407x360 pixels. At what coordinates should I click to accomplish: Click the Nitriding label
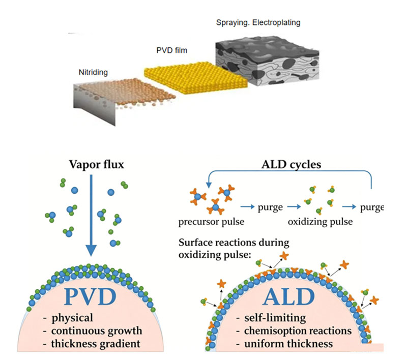tap(93, 72)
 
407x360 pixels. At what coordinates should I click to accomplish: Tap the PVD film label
tap(171, 50)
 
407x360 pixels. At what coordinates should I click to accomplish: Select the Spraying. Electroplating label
tap(258, 22)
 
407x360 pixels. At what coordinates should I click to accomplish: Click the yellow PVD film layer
tap(196, 78)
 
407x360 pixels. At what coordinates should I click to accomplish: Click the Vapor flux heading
tap(97, 164)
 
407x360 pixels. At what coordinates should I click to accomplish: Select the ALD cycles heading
tap(291, 164)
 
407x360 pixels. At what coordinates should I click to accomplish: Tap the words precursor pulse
tap(211, 222)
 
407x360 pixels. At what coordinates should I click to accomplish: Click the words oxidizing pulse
tap(321, 222)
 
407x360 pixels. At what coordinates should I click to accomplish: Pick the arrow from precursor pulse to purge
tap(247, 207)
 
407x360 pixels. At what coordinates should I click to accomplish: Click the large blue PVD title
tap(90, 296)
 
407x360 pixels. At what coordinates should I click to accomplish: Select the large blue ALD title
tap(288, 296)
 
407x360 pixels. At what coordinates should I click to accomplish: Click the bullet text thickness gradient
tap(96, 344)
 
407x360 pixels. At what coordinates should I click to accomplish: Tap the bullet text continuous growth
tap(97, 331)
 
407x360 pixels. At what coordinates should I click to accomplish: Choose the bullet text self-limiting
tap(275, 318)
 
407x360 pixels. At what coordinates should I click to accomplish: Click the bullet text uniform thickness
tap(288, 344)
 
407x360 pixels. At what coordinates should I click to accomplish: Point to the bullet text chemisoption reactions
tap(298, 331)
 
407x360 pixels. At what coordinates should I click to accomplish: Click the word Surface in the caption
tap(195, 243)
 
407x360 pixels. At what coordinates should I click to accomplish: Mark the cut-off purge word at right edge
tap(372, 207)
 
